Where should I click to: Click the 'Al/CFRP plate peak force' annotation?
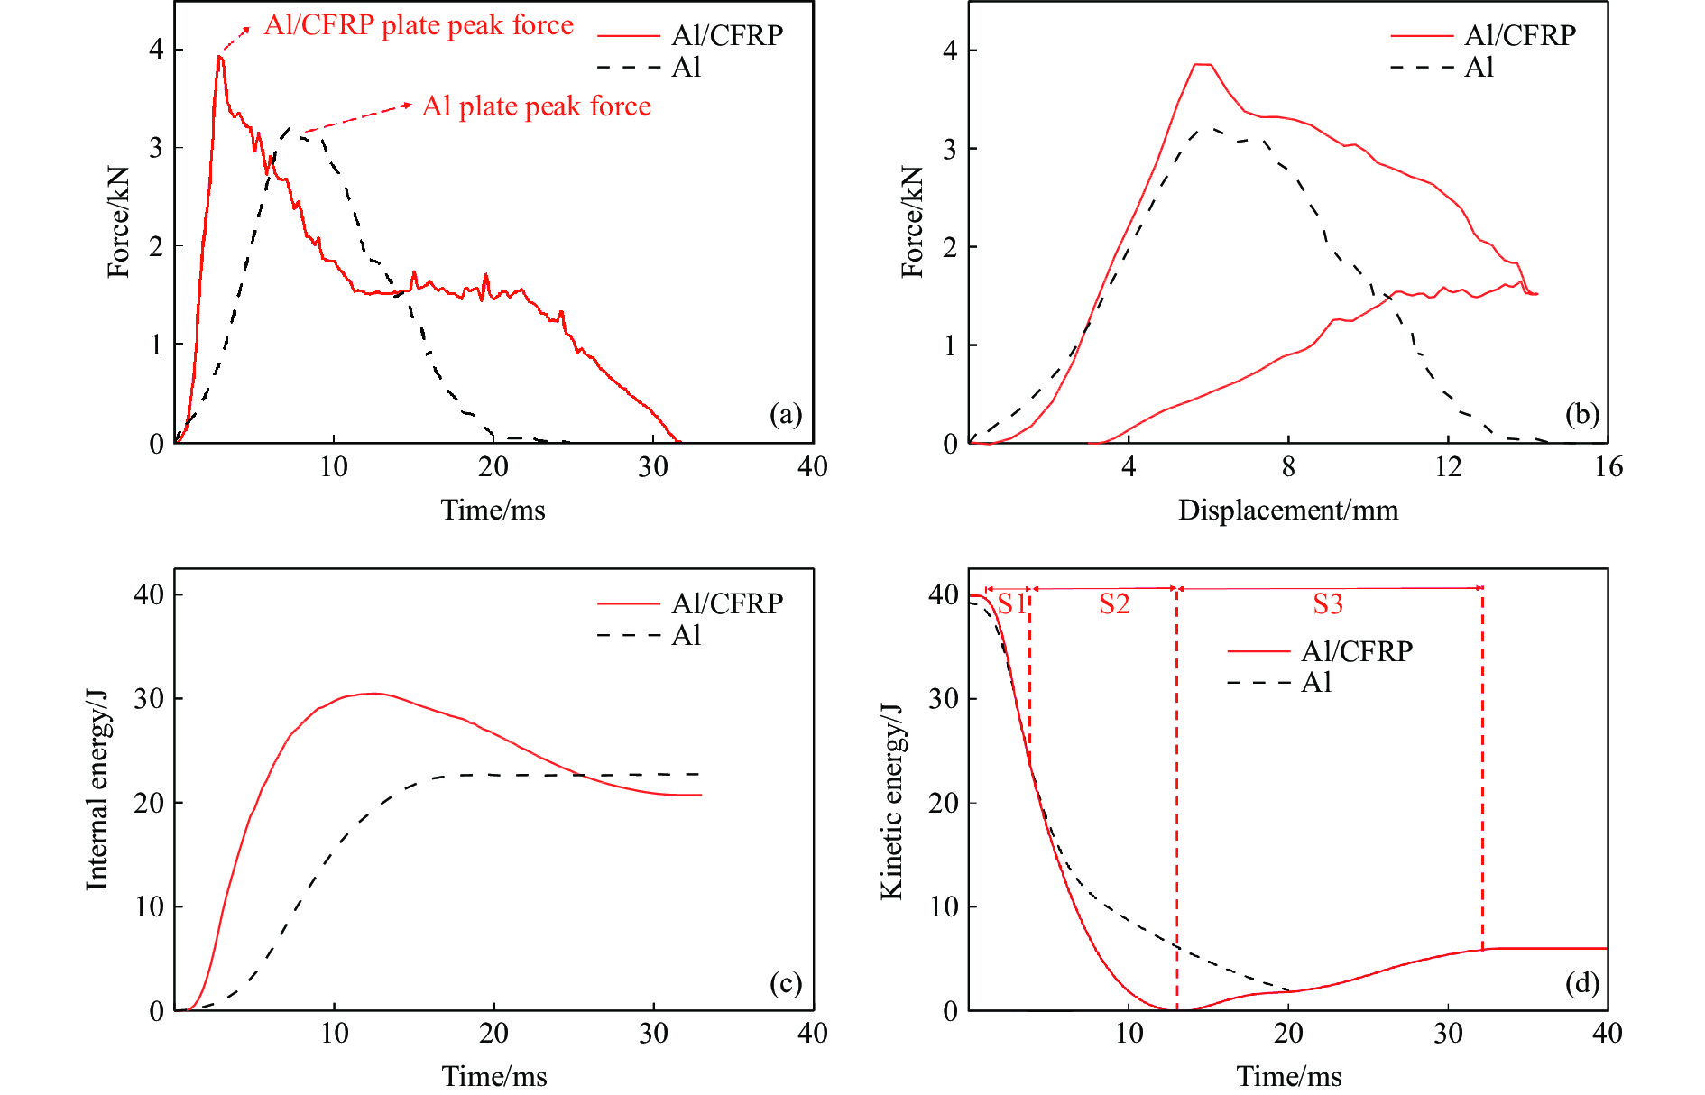[x=419, y=25]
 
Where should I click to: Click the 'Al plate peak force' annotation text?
[x=536, y=106]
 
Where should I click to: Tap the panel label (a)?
[x=785, y=414]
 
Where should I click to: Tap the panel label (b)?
[x=1581, y=414]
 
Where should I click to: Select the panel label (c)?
[x=785, y=982]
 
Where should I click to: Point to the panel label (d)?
[x=1581, y=982]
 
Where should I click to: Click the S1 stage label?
[x=1012, y=603]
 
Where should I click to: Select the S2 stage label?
[x=1114, y=603]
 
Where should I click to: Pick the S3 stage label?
[x=1328, y=603]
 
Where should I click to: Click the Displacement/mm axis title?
[x=1288, y=511]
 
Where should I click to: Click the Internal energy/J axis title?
[x=97, y=790]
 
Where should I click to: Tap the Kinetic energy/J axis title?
[x=891, y=801]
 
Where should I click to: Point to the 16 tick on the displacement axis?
[x=1608, y=466]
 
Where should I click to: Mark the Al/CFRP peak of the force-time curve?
[x=219, y=57]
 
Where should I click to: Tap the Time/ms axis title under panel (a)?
[x=493, y=511]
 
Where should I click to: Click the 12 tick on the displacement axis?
[x=1448, y=466]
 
